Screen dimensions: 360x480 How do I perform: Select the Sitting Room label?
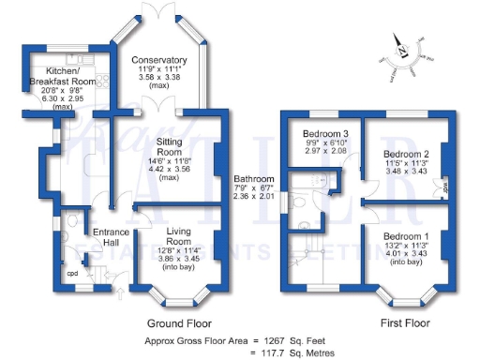click(x=170, y=147)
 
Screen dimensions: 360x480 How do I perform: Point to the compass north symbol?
click(x=401, y=49)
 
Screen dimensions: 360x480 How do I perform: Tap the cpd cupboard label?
click(x=71, y=274)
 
